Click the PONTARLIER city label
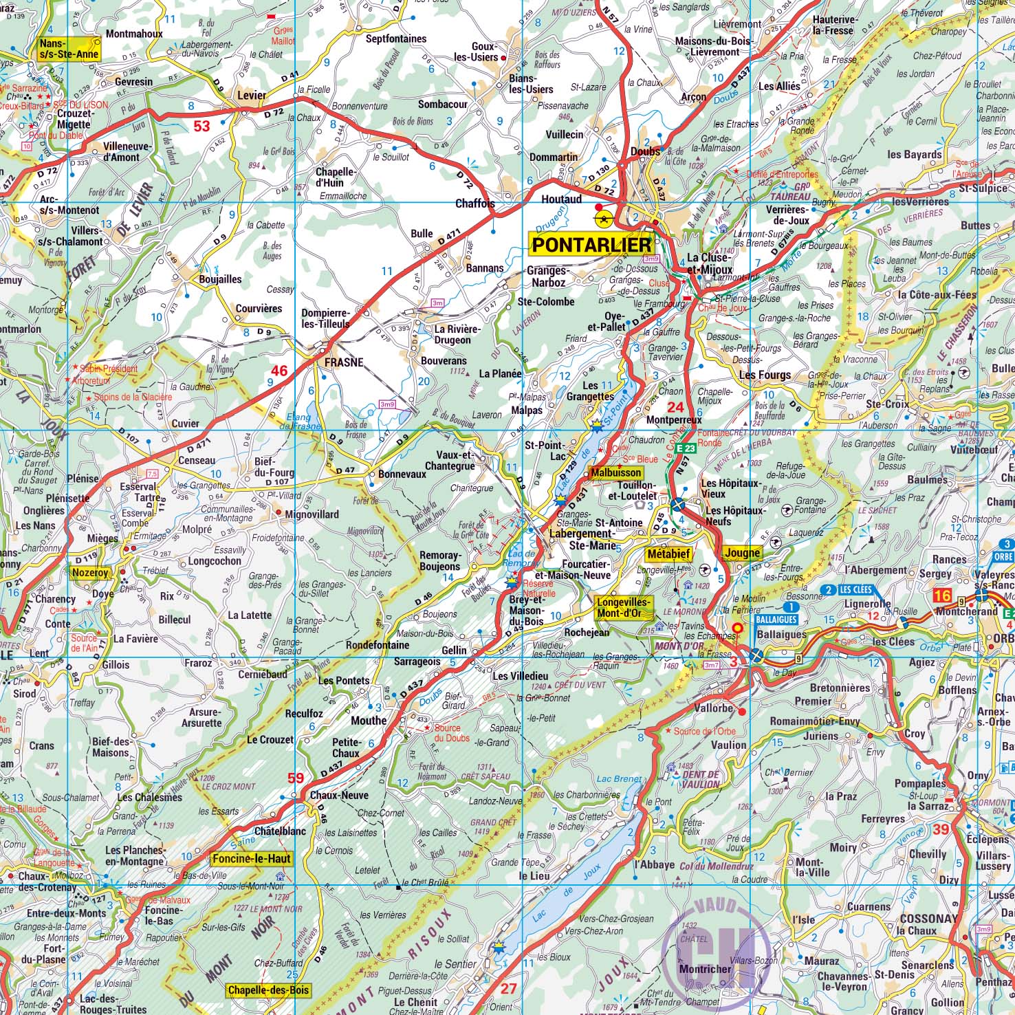[x=592, y=245]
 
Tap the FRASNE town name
[x=344, y=362]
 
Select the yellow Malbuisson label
[x=615, y=473]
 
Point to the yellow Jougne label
[x=742, y=553]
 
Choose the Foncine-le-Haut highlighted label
[x=252, y=859]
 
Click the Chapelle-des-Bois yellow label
[x=268, y=990]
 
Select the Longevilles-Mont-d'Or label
[x=624, y=606]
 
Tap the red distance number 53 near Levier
[x=201, y=126]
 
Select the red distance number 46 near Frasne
[x=279, y=371]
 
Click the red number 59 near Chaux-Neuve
[x=295, y=778]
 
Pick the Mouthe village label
[x=369, y=721]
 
